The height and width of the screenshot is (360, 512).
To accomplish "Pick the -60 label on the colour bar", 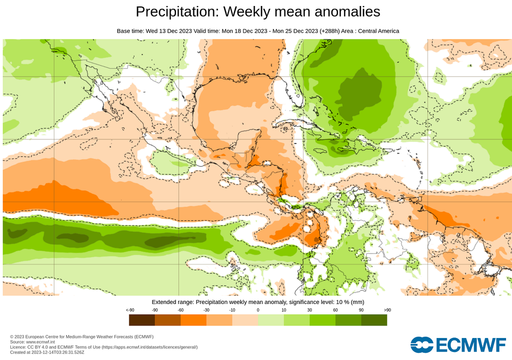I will (x=180, y=310).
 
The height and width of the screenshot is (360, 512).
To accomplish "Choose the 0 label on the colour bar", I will (x=258, y=310).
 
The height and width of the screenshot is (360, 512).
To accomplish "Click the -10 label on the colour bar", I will (x=232, y=310).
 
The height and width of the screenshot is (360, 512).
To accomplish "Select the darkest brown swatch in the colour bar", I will (x=142, y=320).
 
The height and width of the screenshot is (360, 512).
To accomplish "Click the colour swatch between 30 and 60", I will (x=322, y=320).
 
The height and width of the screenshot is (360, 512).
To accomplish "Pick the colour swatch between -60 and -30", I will (x=193, y=320).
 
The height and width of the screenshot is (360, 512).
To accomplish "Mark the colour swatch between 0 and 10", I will (x=271, y=320).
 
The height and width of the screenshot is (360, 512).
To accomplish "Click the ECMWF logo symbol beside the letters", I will (x=421, y=344).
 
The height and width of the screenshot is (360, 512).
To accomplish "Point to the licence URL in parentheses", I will (x=150, y=347).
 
